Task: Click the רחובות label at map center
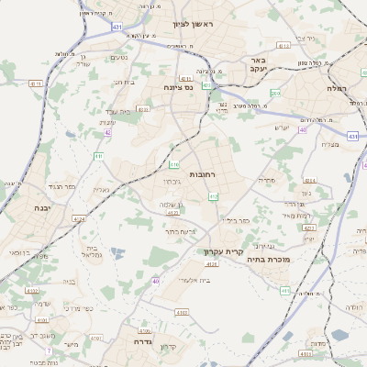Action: tap(202, 173)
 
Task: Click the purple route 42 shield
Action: tap(108, 132)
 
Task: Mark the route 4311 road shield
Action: tap(186, 78)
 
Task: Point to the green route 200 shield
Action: tap(274, 93)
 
